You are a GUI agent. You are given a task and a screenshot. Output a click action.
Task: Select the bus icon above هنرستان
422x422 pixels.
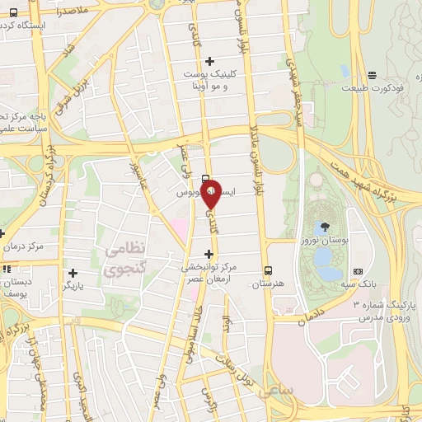coord(268,270)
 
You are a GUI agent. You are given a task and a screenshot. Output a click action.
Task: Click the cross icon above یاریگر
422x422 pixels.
coord(73,273)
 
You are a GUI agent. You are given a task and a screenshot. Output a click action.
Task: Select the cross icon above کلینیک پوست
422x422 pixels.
coord(209,60)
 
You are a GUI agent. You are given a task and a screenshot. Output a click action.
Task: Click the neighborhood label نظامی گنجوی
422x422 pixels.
coord(126,257)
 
